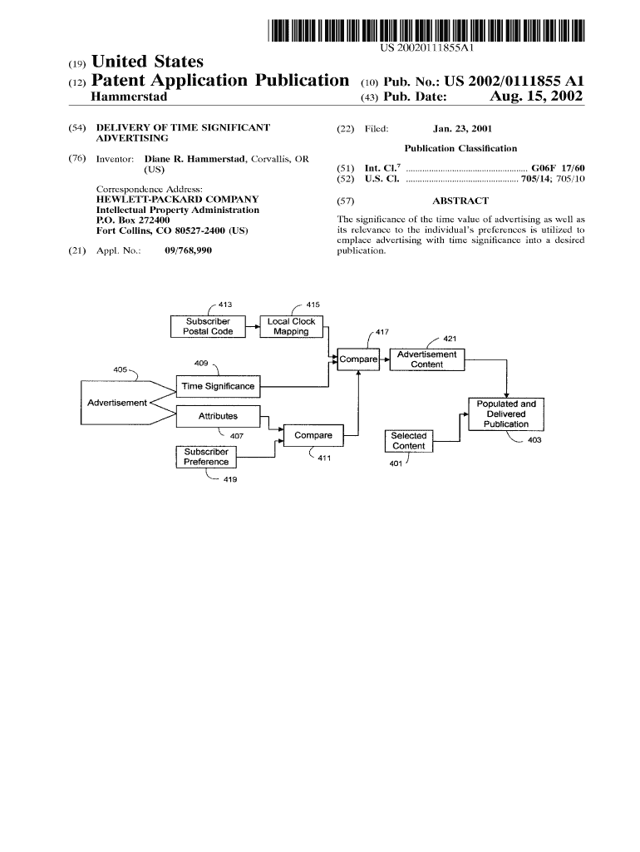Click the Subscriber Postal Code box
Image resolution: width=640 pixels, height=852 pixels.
click(x=208, y=326)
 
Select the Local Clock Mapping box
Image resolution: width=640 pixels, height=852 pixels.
click(x=291, y=326)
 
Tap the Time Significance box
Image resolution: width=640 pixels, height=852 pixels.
click(x=218, y=386)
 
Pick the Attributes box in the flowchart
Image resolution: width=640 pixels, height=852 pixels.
click(x=218, y=415)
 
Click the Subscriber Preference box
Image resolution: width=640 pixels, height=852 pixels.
click(x=206, y=457)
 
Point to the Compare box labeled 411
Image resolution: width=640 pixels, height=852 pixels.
click(x=313, y=435)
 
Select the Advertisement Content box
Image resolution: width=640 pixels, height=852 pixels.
click(x=427, y=359)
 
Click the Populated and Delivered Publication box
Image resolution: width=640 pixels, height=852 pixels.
click(x=506, y=414)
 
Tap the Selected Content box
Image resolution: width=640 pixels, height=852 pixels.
click(x=408, y=440)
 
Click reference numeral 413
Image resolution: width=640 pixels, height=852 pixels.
click(x=225, y=305)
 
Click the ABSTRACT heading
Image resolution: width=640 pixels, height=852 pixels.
click(x=460, y=201)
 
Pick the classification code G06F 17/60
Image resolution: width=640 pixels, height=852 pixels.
click(x=558, y=168)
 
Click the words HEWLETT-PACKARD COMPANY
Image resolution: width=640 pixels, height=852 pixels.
click(x=178, y=200)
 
